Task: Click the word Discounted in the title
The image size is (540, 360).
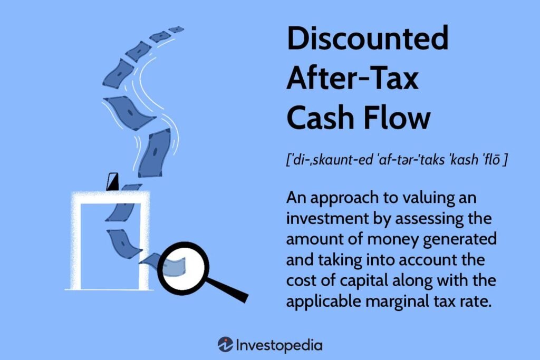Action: tap(367, 40)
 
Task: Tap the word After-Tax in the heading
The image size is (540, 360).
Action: tap(352, 79)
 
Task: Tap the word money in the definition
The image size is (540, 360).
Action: tap(401, 238)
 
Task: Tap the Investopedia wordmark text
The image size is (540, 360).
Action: tap(279, 345)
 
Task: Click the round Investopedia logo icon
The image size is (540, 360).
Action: tap(226, 345)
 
